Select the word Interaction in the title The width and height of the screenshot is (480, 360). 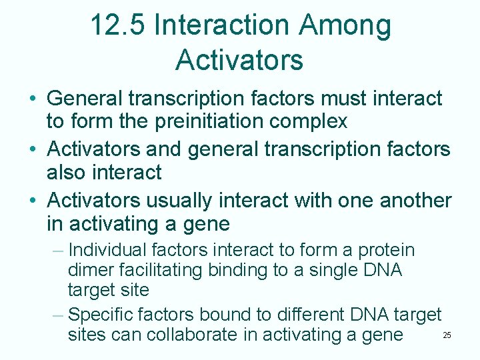(222, 26)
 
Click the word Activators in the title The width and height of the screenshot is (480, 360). (239, 59)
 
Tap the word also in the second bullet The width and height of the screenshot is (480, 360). (69, 172)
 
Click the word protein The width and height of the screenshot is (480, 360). (387, 251)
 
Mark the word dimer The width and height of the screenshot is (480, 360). (90, 271)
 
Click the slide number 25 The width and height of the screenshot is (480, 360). (447, 335)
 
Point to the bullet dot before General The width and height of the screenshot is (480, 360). (32, 99)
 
